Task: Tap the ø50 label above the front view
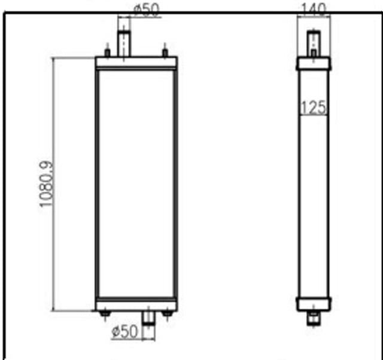click(x=147, y=10)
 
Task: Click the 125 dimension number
click(x=313, y=107)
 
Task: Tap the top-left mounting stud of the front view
click(x=107, y=52)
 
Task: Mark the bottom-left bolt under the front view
click(x=106, y=313)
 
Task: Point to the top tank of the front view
click(x=136, y=63)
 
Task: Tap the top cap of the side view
click(x=313, y=63)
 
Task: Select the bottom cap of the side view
click(x=313, y=303)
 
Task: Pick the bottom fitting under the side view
click(x=313, y=319)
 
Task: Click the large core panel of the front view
click(x=136, y=182)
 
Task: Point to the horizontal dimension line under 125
click(x=313, y=115)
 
